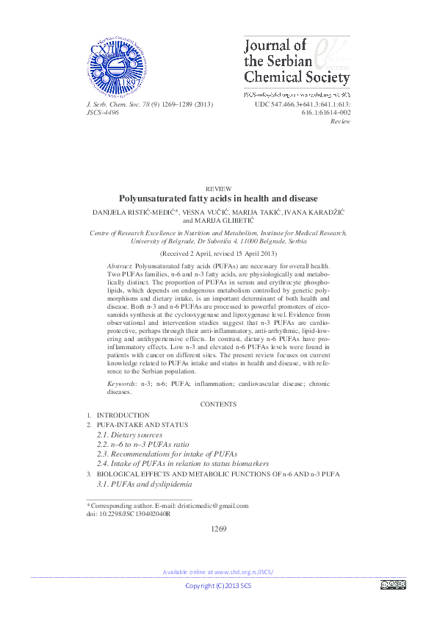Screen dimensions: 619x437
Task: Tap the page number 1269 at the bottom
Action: [x=218, y=529]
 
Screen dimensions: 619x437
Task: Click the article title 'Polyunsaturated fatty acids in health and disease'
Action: [x=218, y=198]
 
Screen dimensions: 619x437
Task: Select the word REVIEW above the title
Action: [x=219, y=189]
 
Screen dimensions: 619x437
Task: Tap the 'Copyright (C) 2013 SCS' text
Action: [x=218, y=585]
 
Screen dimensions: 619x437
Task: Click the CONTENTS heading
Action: [x=218, y=404]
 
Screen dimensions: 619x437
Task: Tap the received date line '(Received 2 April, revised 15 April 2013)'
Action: [x=218, y=251]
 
